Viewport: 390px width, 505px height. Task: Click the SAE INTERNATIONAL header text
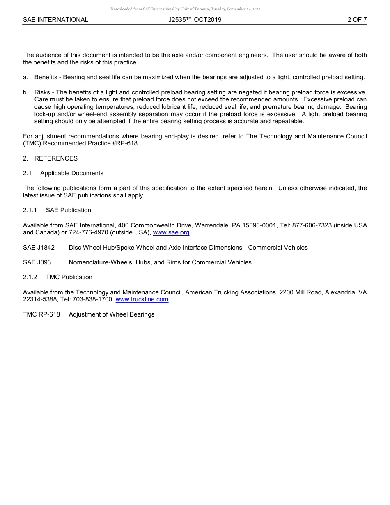tap(55, 19)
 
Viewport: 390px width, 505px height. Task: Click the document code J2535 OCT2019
tap(195, 19)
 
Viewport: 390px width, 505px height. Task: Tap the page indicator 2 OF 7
tap(357, 19)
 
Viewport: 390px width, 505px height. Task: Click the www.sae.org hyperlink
tap(171, 233)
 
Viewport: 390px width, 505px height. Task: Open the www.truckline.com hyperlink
tap(142, 300)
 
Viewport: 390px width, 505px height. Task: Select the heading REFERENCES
tap(56, 158)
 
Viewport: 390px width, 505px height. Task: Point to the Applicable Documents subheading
tap(72, 173)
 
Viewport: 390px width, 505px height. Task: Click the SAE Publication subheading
tap(69, 210)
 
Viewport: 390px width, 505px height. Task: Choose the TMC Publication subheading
tap(69, 277)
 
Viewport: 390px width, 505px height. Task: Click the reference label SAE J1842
tap(39, 248)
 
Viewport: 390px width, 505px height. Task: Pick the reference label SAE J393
tap(37, 262)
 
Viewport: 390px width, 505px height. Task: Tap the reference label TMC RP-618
tap(41, 314)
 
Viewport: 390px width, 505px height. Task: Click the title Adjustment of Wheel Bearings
tap(112, 314)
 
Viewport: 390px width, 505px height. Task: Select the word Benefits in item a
tap(46, 77)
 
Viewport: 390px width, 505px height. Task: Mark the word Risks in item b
tap(42, 92)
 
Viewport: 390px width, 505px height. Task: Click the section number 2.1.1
tap(30, 210)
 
